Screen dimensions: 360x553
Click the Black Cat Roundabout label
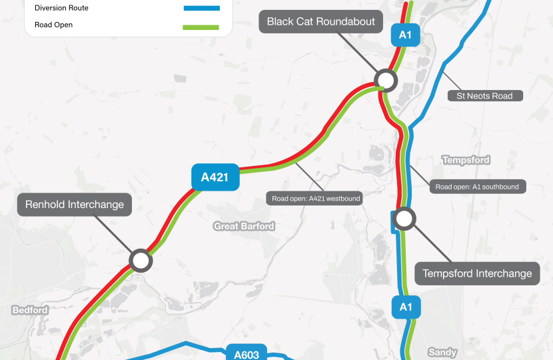[321, 21]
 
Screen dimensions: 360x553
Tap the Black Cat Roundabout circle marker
[386, 81]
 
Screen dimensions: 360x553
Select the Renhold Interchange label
[75, 205]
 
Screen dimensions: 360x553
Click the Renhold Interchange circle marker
[141, 260]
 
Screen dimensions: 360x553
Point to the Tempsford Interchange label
[477, 273]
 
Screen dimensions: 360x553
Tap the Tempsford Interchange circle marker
[404, 217]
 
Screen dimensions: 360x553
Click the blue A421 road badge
[215, 177]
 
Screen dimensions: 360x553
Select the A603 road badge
[246, 354]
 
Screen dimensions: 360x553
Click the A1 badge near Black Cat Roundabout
[405, 35]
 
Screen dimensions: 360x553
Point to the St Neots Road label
[484, 96]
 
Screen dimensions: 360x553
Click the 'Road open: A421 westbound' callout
[316, 199]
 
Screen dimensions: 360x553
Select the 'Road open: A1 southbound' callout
[477, 187]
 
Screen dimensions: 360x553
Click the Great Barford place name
[244, 227]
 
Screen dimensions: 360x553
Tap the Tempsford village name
[466, 160]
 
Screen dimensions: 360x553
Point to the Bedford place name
[30, 310]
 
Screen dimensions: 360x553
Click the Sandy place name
[442, 351]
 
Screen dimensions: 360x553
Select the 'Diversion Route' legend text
[61, 8]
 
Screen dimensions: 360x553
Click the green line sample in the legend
[201, 26]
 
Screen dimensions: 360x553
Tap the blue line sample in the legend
[201, 8]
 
